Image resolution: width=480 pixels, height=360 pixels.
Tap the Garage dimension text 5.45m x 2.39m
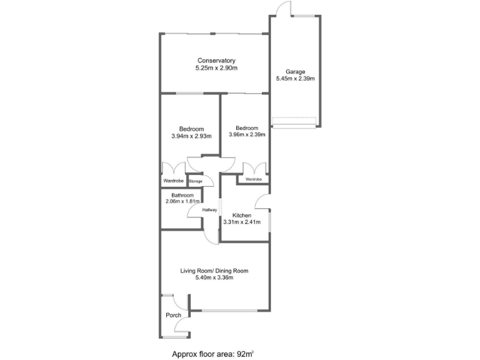[295, 79]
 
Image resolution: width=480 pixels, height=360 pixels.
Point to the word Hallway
[209, 210]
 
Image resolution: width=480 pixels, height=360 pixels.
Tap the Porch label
[172, 315]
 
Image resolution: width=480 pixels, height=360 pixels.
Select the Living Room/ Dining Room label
[214, 271]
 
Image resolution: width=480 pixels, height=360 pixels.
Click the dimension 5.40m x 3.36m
[214, 278]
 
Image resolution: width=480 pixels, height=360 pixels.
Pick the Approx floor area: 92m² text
[213, 354]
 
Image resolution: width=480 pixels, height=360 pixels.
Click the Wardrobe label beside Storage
[173, 181]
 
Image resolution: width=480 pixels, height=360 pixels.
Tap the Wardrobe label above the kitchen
[253, 179]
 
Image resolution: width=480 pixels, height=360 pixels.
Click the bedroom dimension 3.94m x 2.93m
[191, 136]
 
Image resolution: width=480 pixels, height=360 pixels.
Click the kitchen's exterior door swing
[263, 201]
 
